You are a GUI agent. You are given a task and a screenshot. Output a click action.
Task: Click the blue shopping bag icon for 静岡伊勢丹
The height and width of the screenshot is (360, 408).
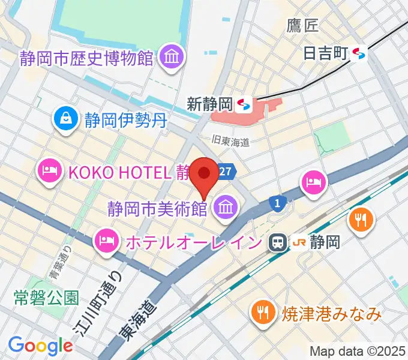click(x=64, y=118)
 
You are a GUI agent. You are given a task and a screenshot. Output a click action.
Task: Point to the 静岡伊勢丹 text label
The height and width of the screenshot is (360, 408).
click(x=124, y=119)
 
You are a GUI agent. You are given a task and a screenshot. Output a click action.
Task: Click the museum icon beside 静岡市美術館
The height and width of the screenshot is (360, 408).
click(x=226, y=208)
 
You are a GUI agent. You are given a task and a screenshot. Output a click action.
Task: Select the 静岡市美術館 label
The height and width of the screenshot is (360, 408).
click(x=157, y=209)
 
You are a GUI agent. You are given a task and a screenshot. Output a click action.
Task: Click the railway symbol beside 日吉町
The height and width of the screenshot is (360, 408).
click(x=360, y=54)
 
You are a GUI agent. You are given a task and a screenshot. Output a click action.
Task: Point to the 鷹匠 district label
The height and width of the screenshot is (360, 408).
click(x=303, y=25)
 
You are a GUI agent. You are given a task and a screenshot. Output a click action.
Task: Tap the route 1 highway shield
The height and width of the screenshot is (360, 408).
click(x=277, y=203)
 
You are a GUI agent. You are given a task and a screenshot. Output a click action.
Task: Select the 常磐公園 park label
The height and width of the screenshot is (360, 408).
click(x=46, y=297)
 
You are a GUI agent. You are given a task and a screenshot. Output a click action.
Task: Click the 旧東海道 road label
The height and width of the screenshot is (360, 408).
click(x=230, y=141)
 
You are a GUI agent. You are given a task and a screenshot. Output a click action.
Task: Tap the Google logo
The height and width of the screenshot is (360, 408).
click(x=40, y=346)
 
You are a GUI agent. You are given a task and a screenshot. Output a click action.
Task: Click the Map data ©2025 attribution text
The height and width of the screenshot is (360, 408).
click(x=357, y=350)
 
